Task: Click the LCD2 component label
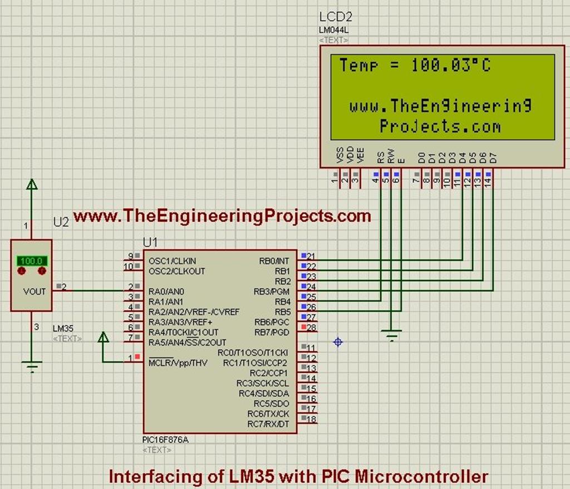(335, 17)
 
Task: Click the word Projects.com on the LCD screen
(440, 127)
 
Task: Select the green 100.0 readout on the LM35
(31, 260)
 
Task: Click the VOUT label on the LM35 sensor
(35, 291)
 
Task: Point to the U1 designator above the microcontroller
(150, 242)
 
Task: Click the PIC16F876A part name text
(165, 440)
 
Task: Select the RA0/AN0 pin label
(166, 291)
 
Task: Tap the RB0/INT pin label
(274, 261)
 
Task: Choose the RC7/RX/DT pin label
(268, 424)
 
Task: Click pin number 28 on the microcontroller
(311, 327)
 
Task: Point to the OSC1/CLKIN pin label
(173, 261)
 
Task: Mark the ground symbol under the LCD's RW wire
(392, 335)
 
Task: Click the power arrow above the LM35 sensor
(32, 184)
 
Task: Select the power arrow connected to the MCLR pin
(103, 337)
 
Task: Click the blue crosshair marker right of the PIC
(338, 342)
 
